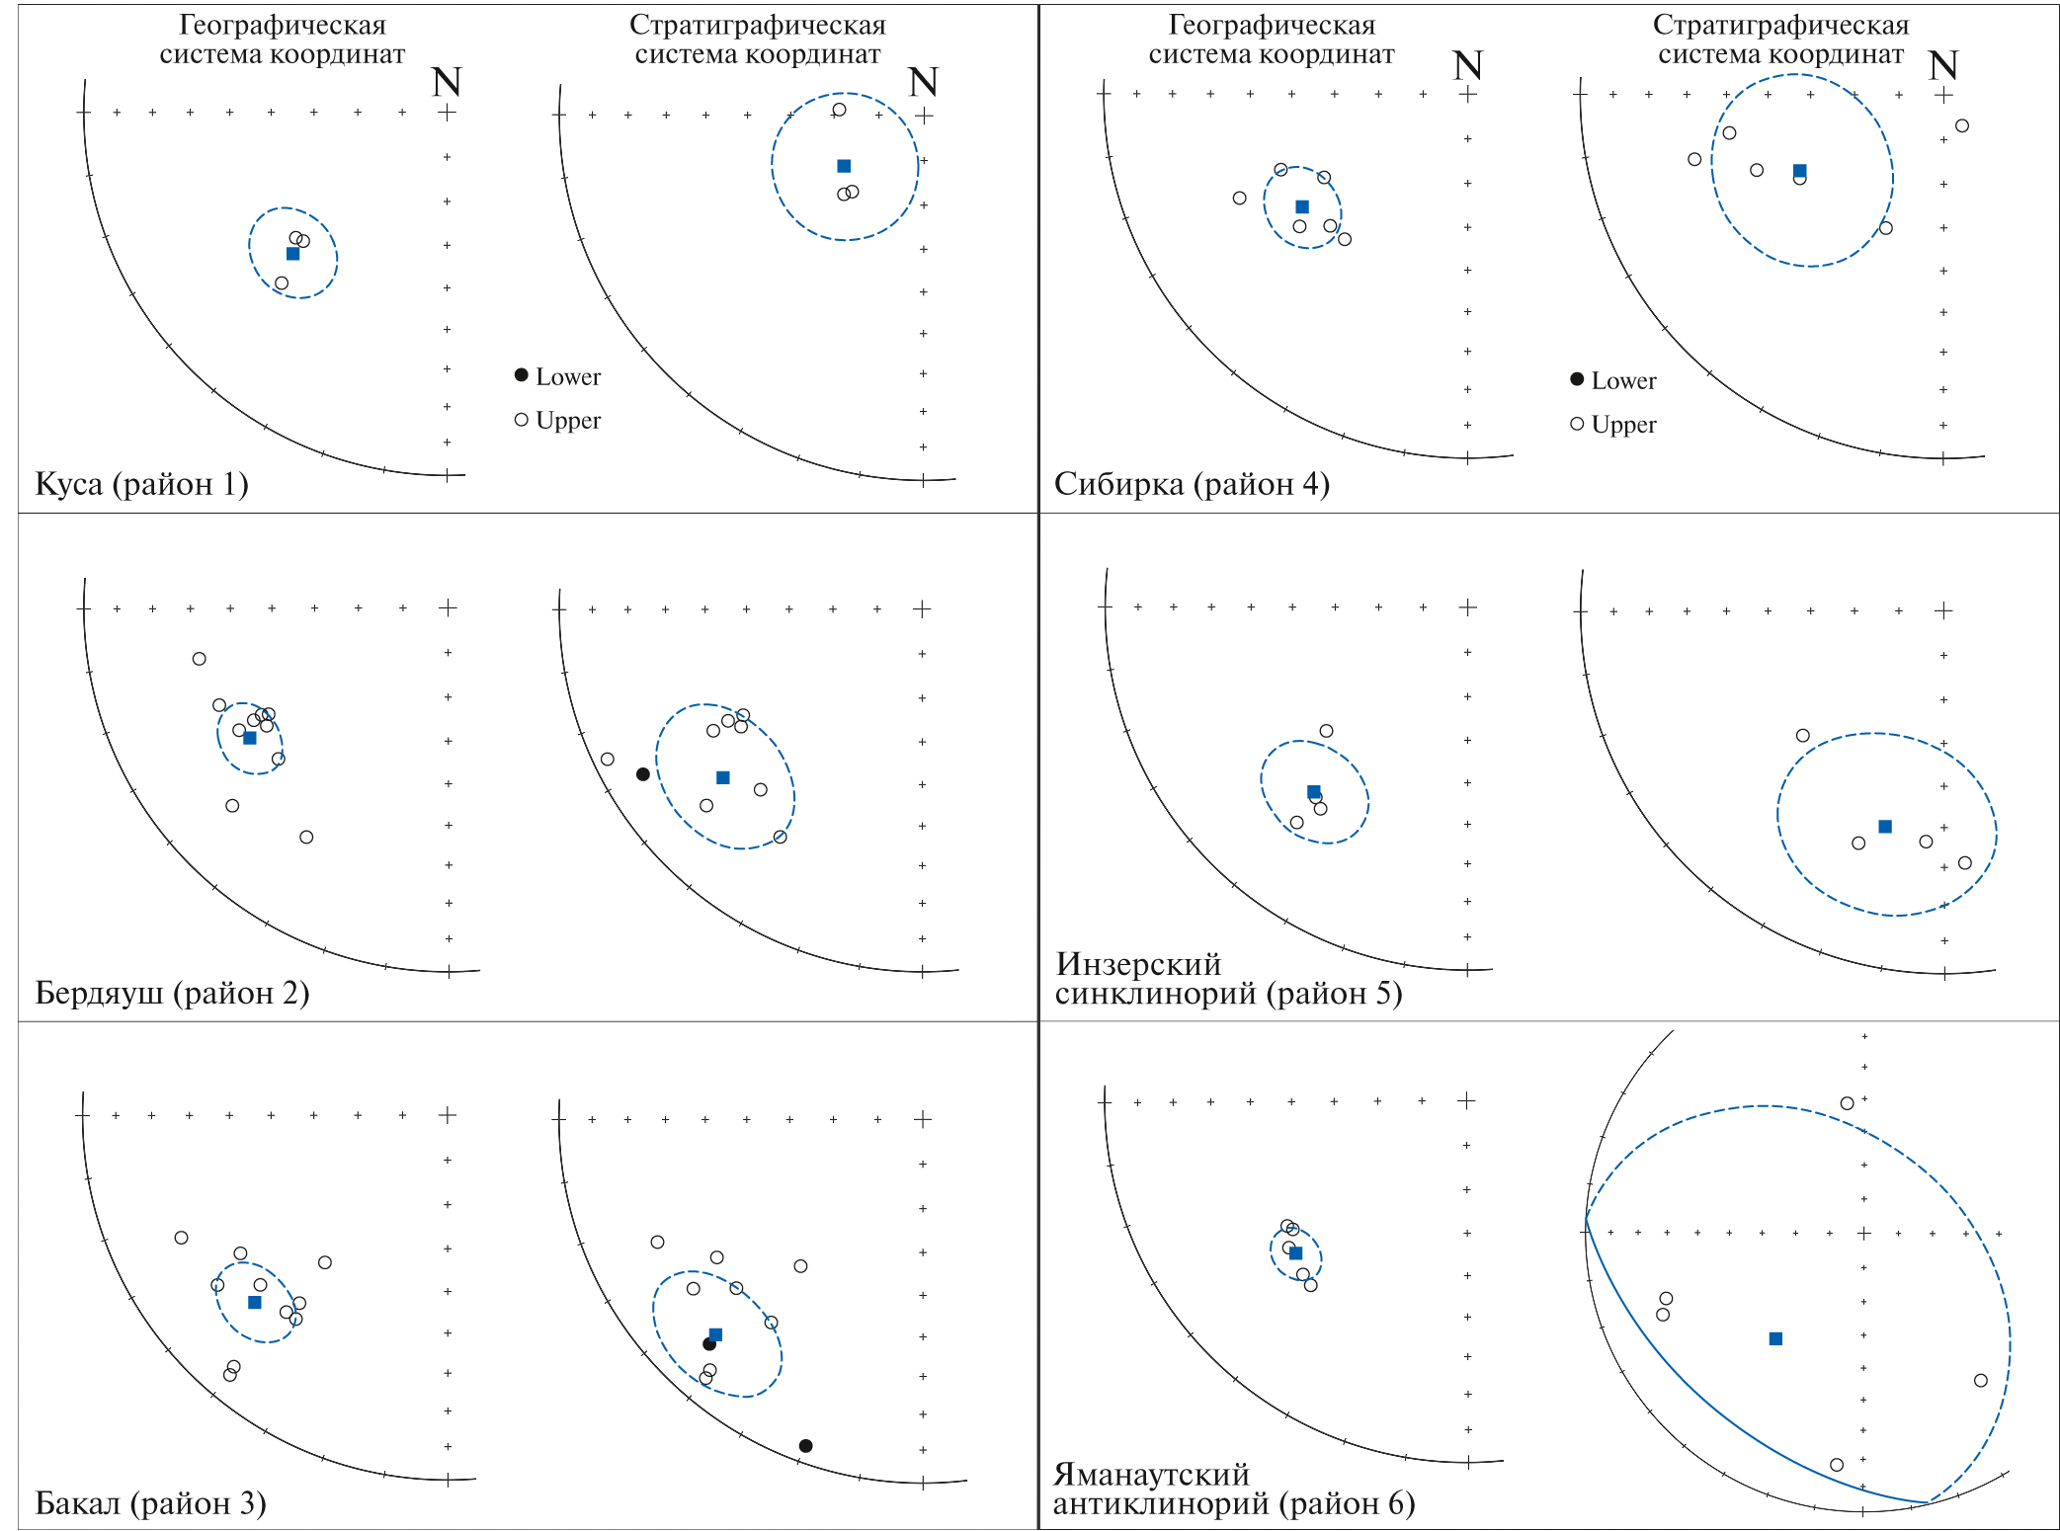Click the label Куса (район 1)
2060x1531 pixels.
point(141,484)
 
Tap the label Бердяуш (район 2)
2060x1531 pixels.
point(172,993)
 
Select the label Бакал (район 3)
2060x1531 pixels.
point(150,1502)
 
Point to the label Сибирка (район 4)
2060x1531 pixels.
point(1192,484)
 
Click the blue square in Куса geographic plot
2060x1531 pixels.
point(292,254)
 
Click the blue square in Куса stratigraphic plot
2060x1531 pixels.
point(844,166)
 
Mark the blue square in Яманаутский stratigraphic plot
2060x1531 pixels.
point(1775,1338)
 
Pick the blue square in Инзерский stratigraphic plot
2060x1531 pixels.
point(1885,827)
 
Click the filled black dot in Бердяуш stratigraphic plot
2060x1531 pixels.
point(643,774)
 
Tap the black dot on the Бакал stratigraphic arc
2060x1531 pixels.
point(805,1446)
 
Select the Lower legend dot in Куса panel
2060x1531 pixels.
point(521,374)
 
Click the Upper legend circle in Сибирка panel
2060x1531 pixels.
point(1577,424)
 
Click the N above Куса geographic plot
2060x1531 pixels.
point(447,82)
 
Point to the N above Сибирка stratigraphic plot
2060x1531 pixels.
point(1942,66)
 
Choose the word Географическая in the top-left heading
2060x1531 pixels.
point(283,25)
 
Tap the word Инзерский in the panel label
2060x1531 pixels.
point(1138,963)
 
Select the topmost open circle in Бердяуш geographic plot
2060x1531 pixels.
point(200,659)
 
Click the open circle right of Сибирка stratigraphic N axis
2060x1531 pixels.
point(1962,125)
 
